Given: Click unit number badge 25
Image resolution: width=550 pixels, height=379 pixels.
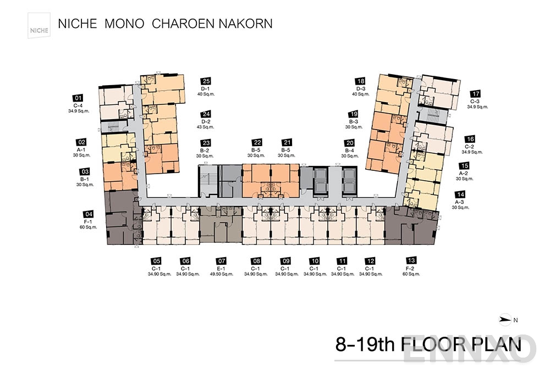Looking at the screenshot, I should pos(206,80).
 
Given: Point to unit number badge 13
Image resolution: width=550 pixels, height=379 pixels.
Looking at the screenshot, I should pos(411,260).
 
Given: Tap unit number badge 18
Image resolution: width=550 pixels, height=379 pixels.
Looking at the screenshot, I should pos(361,80).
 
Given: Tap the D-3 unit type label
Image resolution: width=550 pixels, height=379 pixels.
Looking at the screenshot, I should pos(361,88).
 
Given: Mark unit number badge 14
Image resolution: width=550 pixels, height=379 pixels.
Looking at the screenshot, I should pos(460,194).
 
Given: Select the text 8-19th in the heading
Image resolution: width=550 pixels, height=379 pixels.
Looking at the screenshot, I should pos(365,344).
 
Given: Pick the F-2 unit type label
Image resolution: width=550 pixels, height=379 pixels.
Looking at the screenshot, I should pos(411,267).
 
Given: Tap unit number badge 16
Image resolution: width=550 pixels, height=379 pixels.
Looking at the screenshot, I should pos(470,139).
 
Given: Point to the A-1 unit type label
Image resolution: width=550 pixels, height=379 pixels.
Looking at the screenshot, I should pos(81,149).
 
